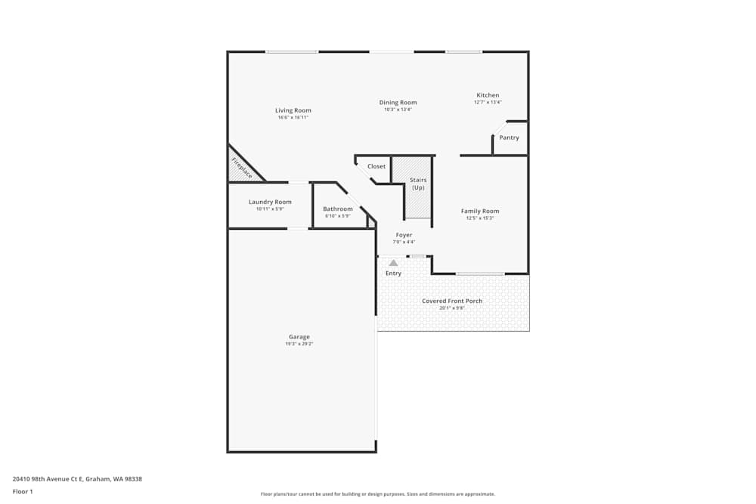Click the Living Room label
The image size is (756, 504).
[293, 110]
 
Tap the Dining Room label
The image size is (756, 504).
[398, 103]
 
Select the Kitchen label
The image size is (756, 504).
[488, 95]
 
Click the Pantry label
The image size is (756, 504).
[509, 138]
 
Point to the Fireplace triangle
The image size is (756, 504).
[241, 168]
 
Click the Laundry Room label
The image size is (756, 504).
[270, 202]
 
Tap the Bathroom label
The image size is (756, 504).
[337, 209]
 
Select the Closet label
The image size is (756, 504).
[376, 166]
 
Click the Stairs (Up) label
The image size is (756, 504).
[418, 184]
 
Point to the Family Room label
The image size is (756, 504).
[480, 211]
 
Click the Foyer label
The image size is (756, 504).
[404, 235]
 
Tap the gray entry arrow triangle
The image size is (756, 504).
[393, 263]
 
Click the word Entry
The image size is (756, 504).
[393, 273]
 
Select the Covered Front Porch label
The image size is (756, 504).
[452, 301]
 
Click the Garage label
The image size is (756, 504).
[299, 337]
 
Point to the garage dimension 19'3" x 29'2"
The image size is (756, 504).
[299, 344]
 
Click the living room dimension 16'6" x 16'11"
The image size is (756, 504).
[293, 117]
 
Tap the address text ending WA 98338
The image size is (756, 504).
[77, 478]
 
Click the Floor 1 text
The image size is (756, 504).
[23, 491]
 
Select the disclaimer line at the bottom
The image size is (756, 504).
[378, 494]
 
